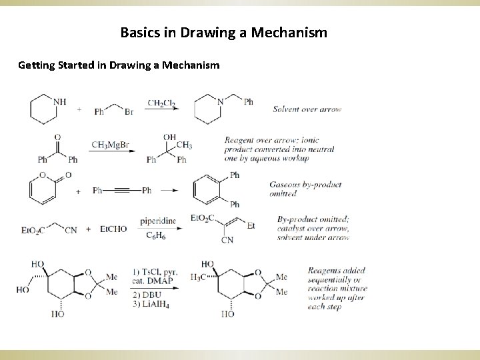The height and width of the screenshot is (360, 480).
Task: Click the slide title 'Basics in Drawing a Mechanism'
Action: (x=223, y=31)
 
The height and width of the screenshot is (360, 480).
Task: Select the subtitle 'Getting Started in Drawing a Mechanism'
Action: (x=119, y=65)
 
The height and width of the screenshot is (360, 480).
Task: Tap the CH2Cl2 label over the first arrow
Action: (x=162, y=103)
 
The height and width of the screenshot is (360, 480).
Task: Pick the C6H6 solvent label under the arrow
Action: (x=156, y=235)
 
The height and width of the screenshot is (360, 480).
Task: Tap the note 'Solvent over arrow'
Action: (x=307, y=109)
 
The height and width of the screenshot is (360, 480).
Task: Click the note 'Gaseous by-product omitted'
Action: (x=305, y=189)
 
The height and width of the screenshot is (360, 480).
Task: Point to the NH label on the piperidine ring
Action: (x=60, y=102)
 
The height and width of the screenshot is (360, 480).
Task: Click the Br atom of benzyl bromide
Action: (x=129, y=112)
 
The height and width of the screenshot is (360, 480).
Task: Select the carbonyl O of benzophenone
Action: (x=57, y=137)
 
